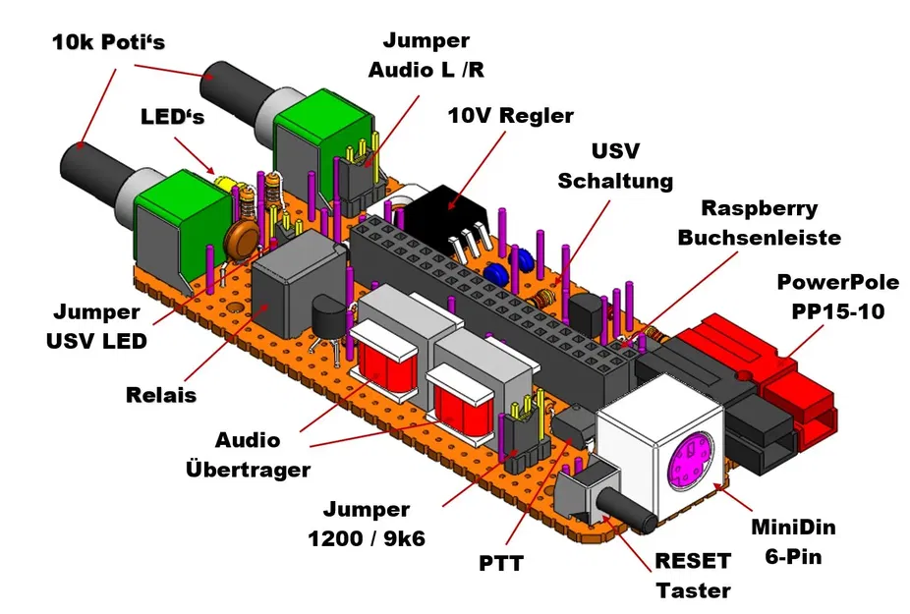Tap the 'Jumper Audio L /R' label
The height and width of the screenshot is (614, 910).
[x=426, y=55]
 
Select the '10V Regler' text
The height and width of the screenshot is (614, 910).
[x=510, y=115]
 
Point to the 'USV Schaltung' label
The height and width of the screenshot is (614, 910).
[x=614, y=166]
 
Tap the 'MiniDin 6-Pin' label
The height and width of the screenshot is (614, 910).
[x=799, y=541]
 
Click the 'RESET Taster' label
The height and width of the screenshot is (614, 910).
[x=694, y=576]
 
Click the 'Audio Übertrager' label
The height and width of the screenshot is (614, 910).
[x=248, y=454]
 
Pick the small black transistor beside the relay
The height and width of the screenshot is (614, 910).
[x=326, y=322]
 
